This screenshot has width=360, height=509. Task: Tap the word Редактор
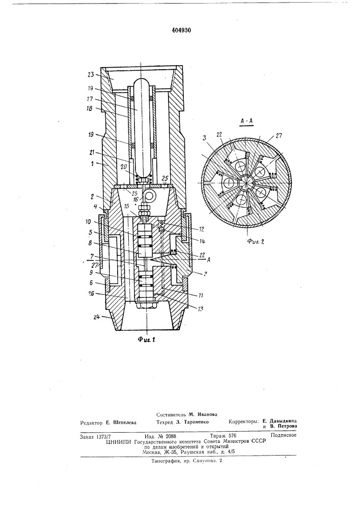(x=92, y=423)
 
